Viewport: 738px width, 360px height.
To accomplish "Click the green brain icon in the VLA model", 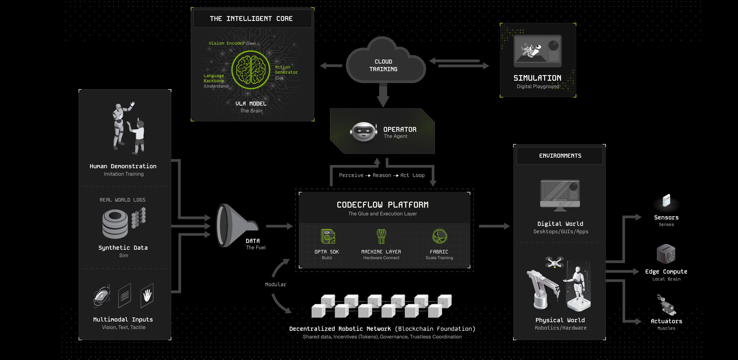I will [x=251, y=69].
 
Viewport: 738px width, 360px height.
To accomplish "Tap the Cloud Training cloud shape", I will [x=384, y=64].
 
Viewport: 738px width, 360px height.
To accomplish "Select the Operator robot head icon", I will [x=363, y=132].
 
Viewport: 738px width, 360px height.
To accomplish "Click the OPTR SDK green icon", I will [x=327, y=236].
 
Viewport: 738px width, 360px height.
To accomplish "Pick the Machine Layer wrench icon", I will [x=381, y=236].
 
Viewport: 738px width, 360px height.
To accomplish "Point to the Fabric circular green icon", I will [x=439, y=236].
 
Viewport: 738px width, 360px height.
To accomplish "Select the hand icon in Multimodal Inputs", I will [x=147, y=295].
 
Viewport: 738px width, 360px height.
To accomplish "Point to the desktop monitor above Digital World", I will [x=560, y=195].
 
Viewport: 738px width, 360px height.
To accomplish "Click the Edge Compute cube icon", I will [x=666, y=254].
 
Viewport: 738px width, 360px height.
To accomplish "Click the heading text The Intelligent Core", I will [x=251, y=19].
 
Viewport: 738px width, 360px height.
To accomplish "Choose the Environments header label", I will [x=560, y=156].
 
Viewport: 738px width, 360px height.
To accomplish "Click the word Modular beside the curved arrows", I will [x=275, y=284].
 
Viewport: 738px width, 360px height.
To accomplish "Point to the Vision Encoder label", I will [x=226, y=43].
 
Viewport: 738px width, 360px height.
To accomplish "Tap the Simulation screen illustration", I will [x=537, y=51].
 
